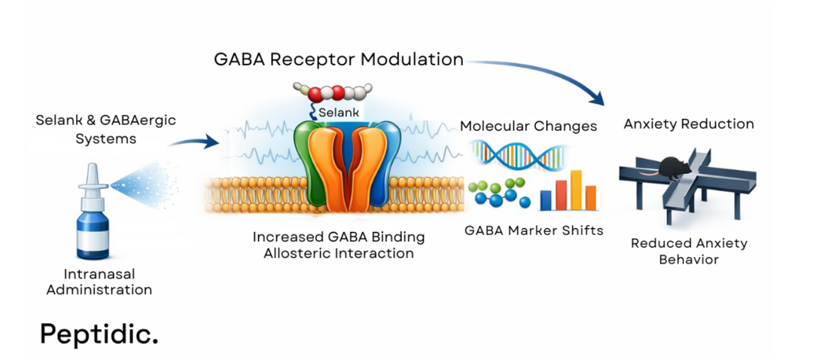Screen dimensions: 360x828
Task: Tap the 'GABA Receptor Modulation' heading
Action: [x=337, y=59]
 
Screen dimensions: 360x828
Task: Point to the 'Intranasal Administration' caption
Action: [x=99, y=282]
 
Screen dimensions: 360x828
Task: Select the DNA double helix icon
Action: [x=517, y=154]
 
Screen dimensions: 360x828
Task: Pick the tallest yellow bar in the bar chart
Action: [x=576, y=190]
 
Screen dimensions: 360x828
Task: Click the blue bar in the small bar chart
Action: [x=546, y=199]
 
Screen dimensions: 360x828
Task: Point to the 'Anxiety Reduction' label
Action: [x=688, y=124]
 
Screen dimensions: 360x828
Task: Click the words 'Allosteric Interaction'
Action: [x=338, y=253]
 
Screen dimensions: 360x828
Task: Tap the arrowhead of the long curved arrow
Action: [x=597, y=98]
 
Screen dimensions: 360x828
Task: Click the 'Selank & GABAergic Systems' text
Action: [x=105, y=129]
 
